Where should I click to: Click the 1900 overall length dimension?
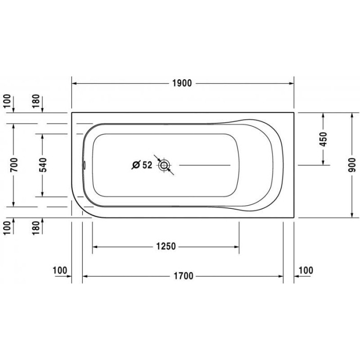183,83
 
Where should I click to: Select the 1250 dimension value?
166,246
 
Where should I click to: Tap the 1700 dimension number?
183,276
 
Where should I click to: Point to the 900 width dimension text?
352,165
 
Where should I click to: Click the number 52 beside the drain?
147,165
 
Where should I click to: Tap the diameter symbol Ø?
135,165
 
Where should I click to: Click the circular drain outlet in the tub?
165,165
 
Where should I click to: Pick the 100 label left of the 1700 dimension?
60,269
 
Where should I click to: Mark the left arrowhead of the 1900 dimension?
74,83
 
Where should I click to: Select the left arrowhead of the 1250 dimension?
95,246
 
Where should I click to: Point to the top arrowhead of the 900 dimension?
352,115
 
